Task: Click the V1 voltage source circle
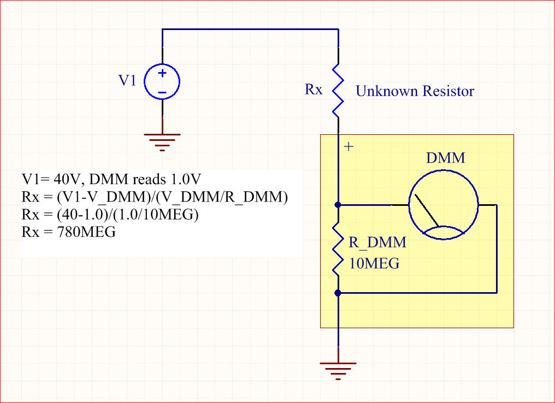coord(162,82)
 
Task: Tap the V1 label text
coord(127,81)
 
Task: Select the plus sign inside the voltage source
coord(162,73)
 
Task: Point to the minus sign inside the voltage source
coord(162,92)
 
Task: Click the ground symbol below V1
coord(162,141)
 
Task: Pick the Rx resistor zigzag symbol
coord(338,90)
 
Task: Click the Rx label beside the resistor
coord(314,90)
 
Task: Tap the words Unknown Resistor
coord(415,91)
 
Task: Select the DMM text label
coord(445,158)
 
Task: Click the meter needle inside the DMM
coord(426,210)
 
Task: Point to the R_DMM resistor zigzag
coord(338,248)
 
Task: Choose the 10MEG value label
coord(374,263)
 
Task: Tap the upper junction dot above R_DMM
coord(338,205)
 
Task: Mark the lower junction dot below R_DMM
coord(338,293)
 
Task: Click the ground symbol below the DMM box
coord(338,369)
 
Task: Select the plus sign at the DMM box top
coord(350,146)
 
